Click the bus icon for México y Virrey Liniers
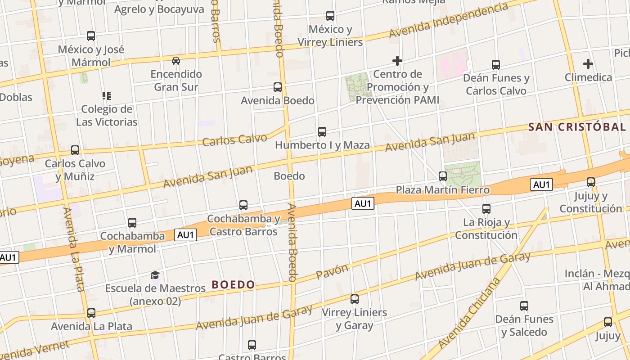point(330,16)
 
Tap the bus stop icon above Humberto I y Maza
point(322,132)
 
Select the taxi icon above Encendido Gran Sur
point(176,60)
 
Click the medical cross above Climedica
point(588,64)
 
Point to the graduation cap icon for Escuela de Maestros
point(155,275)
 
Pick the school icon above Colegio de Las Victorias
point(107,95)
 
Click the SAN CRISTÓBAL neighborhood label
point(577,127)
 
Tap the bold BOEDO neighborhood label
point(234,284)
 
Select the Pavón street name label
point(332,271)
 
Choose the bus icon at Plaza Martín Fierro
point(443,176)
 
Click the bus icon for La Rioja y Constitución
point(486,209)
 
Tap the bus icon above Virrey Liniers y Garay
point(355,299)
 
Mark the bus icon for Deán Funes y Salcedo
point(524,306)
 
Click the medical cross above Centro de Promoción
point(397,60)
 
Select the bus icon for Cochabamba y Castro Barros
point(243,205)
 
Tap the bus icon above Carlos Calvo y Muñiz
point(75,150)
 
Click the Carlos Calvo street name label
point(234,139)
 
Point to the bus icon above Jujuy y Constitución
point(591,182)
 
